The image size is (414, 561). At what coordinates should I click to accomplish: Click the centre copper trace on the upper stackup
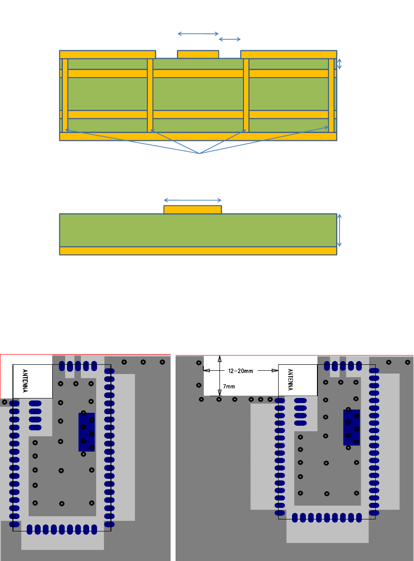pos(198,54)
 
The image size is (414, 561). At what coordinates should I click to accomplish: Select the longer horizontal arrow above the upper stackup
pos(198,34)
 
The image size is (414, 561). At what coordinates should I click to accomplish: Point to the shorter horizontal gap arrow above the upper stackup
pos(230,39)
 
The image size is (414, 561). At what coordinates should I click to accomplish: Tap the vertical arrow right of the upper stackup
pos(340,64)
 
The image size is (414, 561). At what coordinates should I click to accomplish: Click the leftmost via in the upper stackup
pos(65,95)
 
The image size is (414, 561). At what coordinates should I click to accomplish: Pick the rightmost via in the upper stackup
pos(331,95)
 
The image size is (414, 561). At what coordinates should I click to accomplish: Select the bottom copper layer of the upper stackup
pos(198,136)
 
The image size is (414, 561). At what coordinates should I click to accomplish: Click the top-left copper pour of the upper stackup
pos(107,54)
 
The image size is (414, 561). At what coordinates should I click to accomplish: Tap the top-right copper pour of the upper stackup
pos(288,54)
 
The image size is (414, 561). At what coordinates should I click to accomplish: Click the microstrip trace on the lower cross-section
pos(193,210)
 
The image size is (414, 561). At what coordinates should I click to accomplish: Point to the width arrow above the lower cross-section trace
pos(193,200)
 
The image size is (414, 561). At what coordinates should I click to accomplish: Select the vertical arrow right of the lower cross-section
pos(340,230)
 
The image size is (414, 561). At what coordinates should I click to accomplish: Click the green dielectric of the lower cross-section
pos(198,230)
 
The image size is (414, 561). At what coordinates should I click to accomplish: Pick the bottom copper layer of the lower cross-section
pos(198,251)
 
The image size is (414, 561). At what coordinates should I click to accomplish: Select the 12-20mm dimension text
pos(240,370)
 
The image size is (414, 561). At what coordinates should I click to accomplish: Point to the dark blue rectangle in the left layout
pos(87,432)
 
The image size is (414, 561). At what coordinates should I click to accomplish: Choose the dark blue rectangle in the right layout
pos(352,428)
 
